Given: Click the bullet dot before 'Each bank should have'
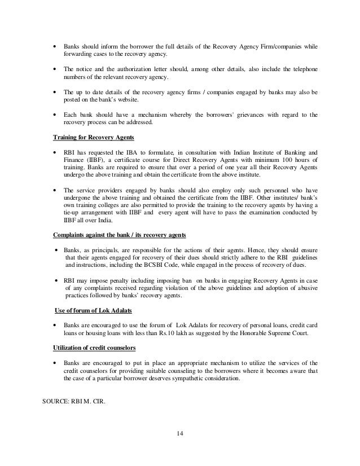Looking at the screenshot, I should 54,115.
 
